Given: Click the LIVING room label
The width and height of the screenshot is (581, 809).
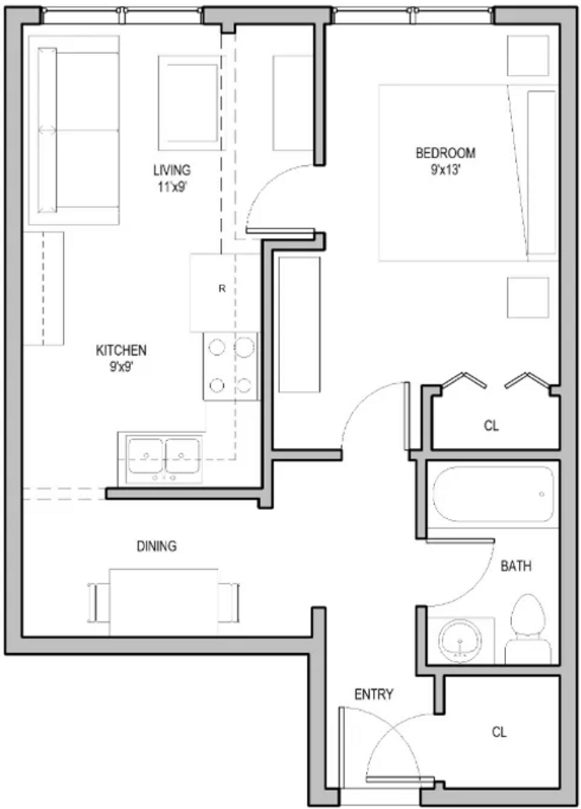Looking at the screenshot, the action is click(171, 170).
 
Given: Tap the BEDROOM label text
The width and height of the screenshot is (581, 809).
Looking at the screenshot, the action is click(445, 154).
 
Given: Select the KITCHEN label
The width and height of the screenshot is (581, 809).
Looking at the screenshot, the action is click(121, 351).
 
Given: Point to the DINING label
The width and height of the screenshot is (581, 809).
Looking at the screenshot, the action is click(156, 546).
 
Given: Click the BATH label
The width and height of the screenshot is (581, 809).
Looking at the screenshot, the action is click(516, 566).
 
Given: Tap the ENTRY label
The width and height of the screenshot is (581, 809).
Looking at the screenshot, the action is click(374, 694).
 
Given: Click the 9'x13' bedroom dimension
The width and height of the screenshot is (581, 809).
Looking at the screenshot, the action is click(445, 170).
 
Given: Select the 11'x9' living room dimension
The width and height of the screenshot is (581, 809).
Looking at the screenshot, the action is click(171, 187).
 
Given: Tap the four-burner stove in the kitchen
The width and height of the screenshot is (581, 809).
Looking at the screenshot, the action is click(231, 366).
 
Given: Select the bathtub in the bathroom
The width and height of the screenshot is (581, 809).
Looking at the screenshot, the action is click(493, 494).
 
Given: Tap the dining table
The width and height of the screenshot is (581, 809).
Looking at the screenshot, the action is click(163, 602).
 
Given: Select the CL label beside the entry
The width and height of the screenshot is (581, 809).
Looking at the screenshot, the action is click(499, 732).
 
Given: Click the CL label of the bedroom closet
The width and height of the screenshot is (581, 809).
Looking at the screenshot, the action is click(491, 425).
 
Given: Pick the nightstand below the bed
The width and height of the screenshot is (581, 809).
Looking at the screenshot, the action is click(528, 297).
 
